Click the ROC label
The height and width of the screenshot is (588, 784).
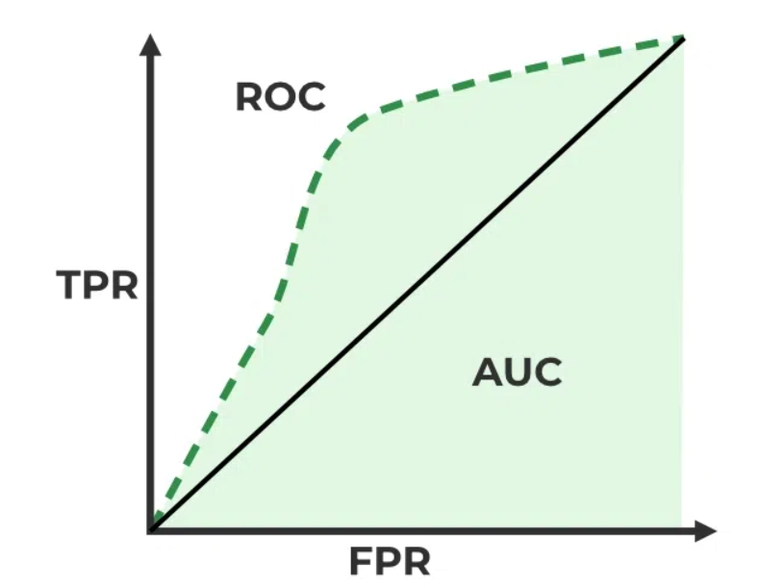281,97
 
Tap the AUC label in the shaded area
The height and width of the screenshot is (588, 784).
517,372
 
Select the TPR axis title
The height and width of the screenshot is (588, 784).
96,285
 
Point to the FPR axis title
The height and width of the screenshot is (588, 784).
390,561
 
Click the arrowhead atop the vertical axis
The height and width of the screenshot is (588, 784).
150,44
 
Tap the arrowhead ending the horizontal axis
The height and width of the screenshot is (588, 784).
706,530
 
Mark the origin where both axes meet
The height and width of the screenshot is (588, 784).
150,530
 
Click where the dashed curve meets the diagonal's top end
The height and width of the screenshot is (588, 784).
683,38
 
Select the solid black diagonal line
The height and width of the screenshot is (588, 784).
417,284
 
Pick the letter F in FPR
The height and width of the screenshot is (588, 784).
360,561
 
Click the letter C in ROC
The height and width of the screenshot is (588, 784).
313,97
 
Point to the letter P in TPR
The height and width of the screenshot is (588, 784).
95,285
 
